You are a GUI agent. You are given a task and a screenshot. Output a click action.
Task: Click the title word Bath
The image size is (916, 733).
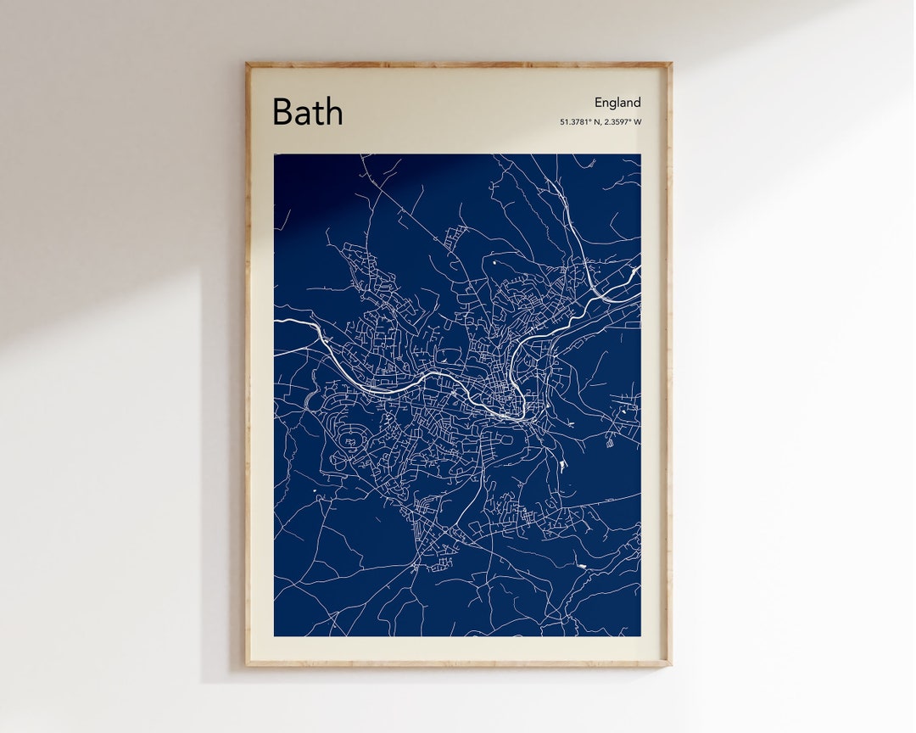tap(307, 112)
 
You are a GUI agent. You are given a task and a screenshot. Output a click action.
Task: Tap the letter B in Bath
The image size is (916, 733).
tap(282, 112)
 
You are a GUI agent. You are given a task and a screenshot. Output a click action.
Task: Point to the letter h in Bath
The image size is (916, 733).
tap(334, 111)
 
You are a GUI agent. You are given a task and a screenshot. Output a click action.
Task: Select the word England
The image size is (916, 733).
tap(617, 103)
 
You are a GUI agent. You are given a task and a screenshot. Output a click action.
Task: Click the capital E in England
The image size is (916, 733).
tap(598, 103)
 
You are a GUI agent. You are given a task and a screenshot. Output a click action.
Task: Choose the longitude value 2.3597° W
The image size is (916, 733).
tap(623, 122)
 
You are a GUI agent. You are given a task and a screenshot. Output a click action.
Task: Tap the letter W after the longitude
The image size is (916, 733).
tap(638, 122)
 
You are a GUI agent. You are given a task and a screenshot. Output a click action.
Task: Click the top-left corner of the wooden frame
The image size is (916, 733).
tap(247, 64)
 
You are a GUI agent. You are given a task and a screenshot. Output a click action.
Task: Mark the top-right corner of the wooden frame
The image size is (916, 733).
tap(670, 64)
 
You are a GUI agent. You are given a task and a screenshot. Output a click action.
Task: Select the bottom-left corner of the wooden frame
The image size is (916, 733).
tap(247, 664)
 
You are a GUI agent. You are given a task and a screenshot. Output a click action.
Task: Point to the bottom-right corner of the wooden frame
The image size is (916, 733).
tap(670, 664)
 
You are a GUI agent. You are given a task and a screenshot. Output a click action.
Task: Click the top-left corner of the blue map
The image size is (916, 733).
tap(275, 154)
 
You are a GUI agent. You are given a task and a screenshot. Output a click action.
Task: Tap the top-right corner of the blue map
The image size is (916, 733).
tap(640, 154)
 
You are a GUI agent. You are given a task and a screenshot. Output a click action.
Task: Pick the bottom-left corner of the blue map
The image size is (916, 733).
tap(275, 635)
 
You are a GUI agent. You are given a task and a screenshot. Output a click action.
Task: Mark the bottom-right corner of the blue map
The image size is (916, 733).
tap(640, 635)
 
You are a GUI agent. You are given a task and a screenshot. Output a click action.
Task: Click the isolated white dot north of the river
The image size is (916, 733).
tap(494, 262)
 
